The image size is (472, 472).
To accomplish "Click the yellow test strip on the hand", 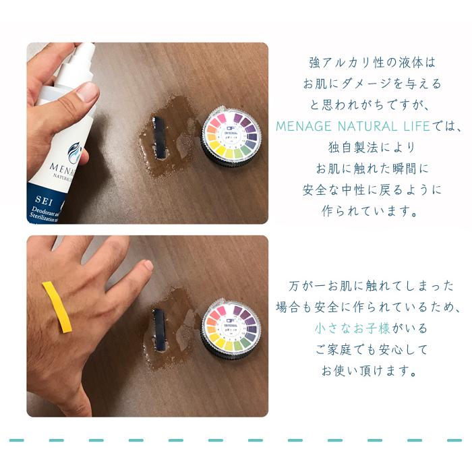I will (57, 307).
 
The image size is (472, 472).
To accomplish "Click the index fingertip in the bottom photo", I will (147, 266).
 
